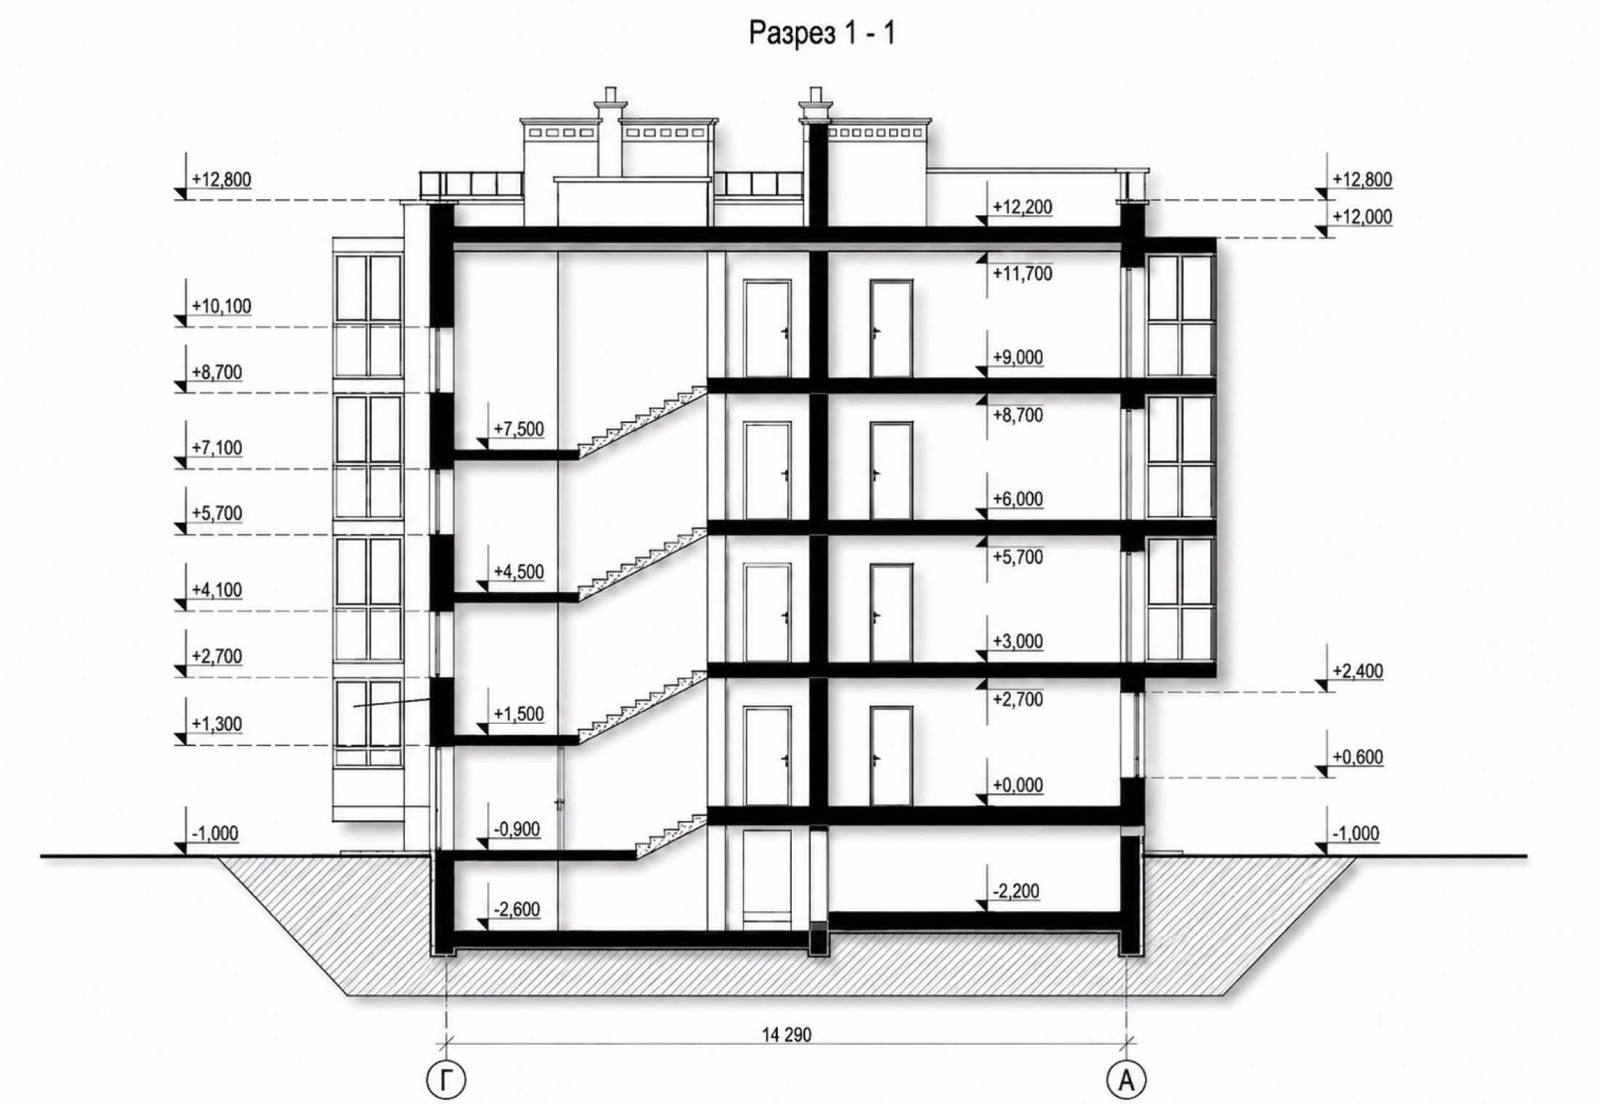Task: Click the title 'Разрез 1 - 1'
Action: pyautogui.click(x=822, y=33)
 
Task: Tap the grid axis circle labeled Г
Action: pyautogui.click(x=445, y=1080)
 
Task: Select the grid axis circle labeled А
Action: pyautogui.click(x=1127, y=1080)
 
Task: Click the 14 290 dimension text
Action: pyautogui.click(x=787, y=1035)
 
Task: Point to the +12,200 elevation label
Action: pyautogui.click(x=1022, y=207)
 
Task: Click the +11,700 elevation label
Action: pyautogui.click(x=1022, y=274)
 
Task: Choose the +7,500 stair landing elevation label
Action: pyautogui.click(x=519, y=429)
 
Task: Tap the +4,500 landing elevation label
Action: pyautogui.click(x=519, y=572)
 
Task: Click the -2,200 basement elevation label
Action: pyautogui.click(x=1015, y=891)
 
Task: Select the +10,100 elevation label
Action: pyautogui.click(x=222, y=306)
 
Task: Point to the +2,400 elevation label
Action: pyautogui.click(x=1358, y=671)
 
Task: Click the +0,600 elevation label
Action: pyautogui.click(x=1358, y=756)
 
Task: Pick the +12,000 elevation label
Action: pyautogui.click(x=1363, y=216)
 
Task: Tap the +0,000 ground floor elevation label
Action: pyautogui.click(x=1018, y=785)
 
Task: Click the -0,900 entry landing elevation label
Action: pyautogui.click(x=516, y=829)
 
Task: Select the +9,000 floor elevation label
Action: pyautogui.click(x=1018, y=357)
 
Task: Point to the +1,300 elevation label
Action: pyautogui.click(x=217, y=724)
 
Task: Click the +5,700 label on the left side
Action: pyautogui.click(x=217, y=513)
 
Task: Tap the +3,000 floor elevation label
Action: pyautogui.click(x=1018, y=641)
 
